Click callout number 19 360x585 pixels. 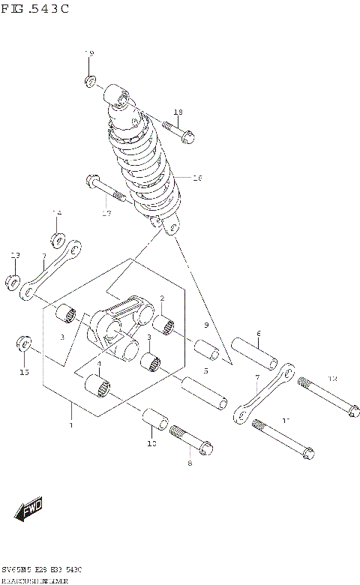pyautogui.click(x=89, y=54)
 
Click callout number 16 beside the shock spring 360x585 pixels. pyautogui.click(x=198, y=178)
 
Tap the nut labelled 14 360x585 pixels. pyautogui.click(x=57, y=241)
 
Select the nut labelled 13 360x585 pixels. pyautogui.click(x=13, y=283)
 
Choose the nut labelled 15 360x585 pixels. pyautogui.click(x=25, y=345)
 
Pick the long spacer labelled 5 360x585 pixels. pyautogui.click(x=204, y=392)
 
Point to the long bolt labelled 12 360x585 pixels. pyautogui.click(x=327, y=397)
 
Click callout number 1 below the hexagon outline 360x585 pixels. pyautogui.click(x=71, y=426)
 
